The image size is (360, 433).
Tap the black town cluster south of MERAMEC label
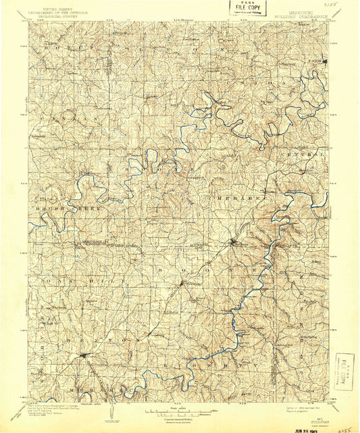click(x=234, y=242)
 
